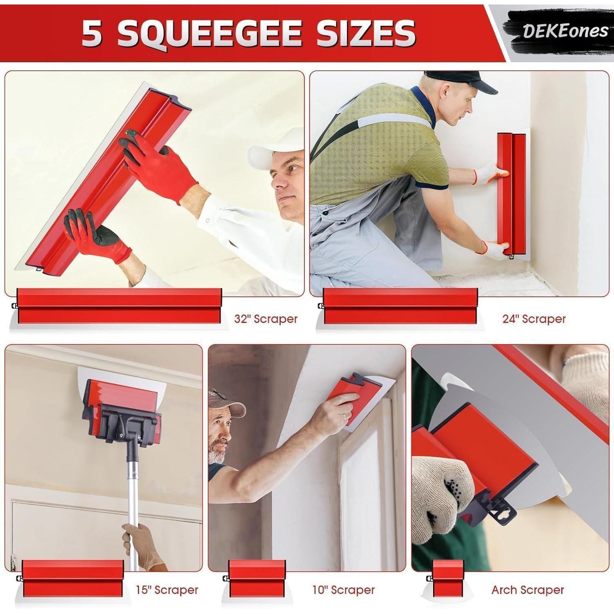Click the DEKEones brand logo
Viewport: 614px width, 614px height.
pos(565,31)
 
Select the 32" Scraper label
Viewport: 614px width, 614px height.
pos(266,319)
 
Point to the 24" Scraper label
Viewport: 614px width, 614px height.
pos(534,319)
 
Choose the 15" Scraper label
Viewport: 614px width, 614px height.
pos(167,590)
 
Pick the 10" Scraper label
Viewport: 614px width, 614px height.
pos(343,590)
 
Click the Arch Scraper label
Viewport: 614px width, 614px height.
pos(528,590)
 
